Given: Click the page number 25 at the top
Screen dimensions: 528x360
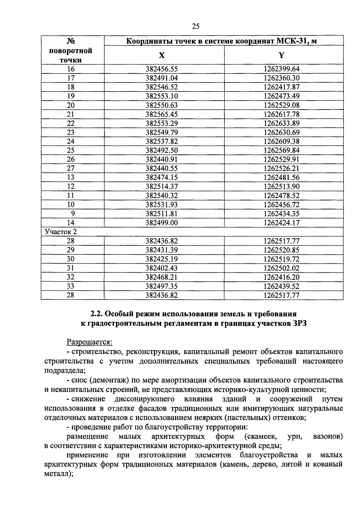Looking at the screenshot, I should [x=196, y=26].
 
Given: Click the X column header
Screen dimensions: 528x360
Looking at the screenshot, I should [x=162, y=55].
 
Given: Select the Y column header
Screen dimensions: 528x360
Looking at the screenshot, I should [x=281, y=55].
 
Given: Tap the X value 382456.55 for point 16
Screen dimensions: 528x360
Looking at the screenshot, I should [x=162, y=69].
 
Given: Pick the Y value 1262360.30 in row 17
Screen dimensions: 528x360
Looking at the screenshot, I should [x=281, y=78].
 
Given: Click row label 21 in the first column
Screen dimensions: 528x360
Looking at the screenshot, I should [x=70, y=114].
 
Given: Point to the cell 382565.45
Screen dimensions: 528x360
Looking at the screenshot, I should [x=162, y=114].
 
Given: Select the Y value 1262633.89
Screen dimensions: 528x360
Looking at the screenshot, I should [x=281, y=123].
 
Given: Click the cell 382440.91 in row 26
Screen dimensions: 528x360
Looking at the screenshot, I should [x=162, y=159].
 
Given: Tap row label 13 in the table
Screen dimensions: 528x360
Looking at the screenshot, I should [x=70, y=177].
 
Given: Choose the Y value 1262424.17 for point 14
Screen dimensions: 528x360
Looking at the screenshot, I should [x=281, y=223].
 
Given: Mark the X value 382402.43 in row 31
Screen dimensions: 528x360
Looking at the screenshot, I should [x=162, y=268].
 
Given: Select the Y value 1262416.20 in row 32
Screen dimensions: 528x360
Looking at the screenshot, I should [x=281, y=277].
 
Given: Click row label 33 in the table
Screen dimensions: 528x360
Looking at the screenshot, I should [x=70, y=286].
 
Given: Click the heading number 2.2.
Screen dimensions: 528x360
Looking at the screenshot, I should [x=96, y=314].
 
